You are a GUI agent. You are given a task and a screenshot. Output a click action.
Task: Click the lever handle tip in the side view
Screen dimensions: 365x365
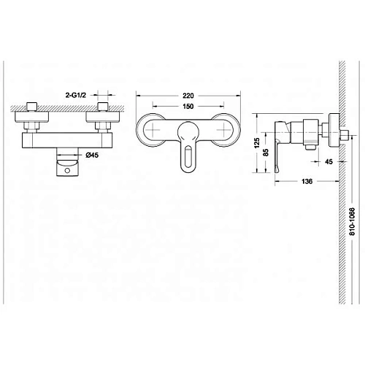pos(275,171)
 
